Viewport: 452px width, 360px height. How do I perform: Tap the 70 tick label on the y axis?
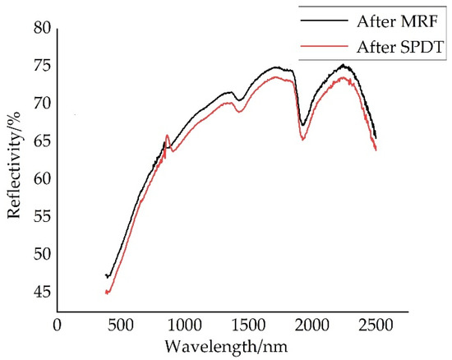(40, 104)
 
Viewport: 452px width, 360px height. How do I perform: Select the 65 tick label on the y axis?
(40, 141)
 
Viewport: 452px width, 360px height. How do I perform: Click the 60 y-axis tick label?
(40, 179)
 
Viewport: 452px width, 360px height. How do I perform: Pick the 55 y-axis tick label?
(40, 217)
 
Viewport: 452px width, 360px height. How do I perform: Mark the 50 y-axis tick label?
(40, 255)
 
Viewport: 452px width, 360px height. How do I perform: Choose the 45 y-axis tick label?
(40, 293)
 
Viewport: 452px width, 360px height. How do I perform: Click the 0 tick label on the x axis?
(57, 325)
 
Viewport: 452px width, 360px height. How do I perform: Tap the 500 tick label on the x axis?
(120, 325)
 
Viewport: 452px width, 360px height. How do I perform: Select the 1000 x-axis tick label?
(184, 325)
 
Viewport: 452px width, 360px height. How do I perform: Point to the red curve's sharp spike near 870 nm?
(168, 136)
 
